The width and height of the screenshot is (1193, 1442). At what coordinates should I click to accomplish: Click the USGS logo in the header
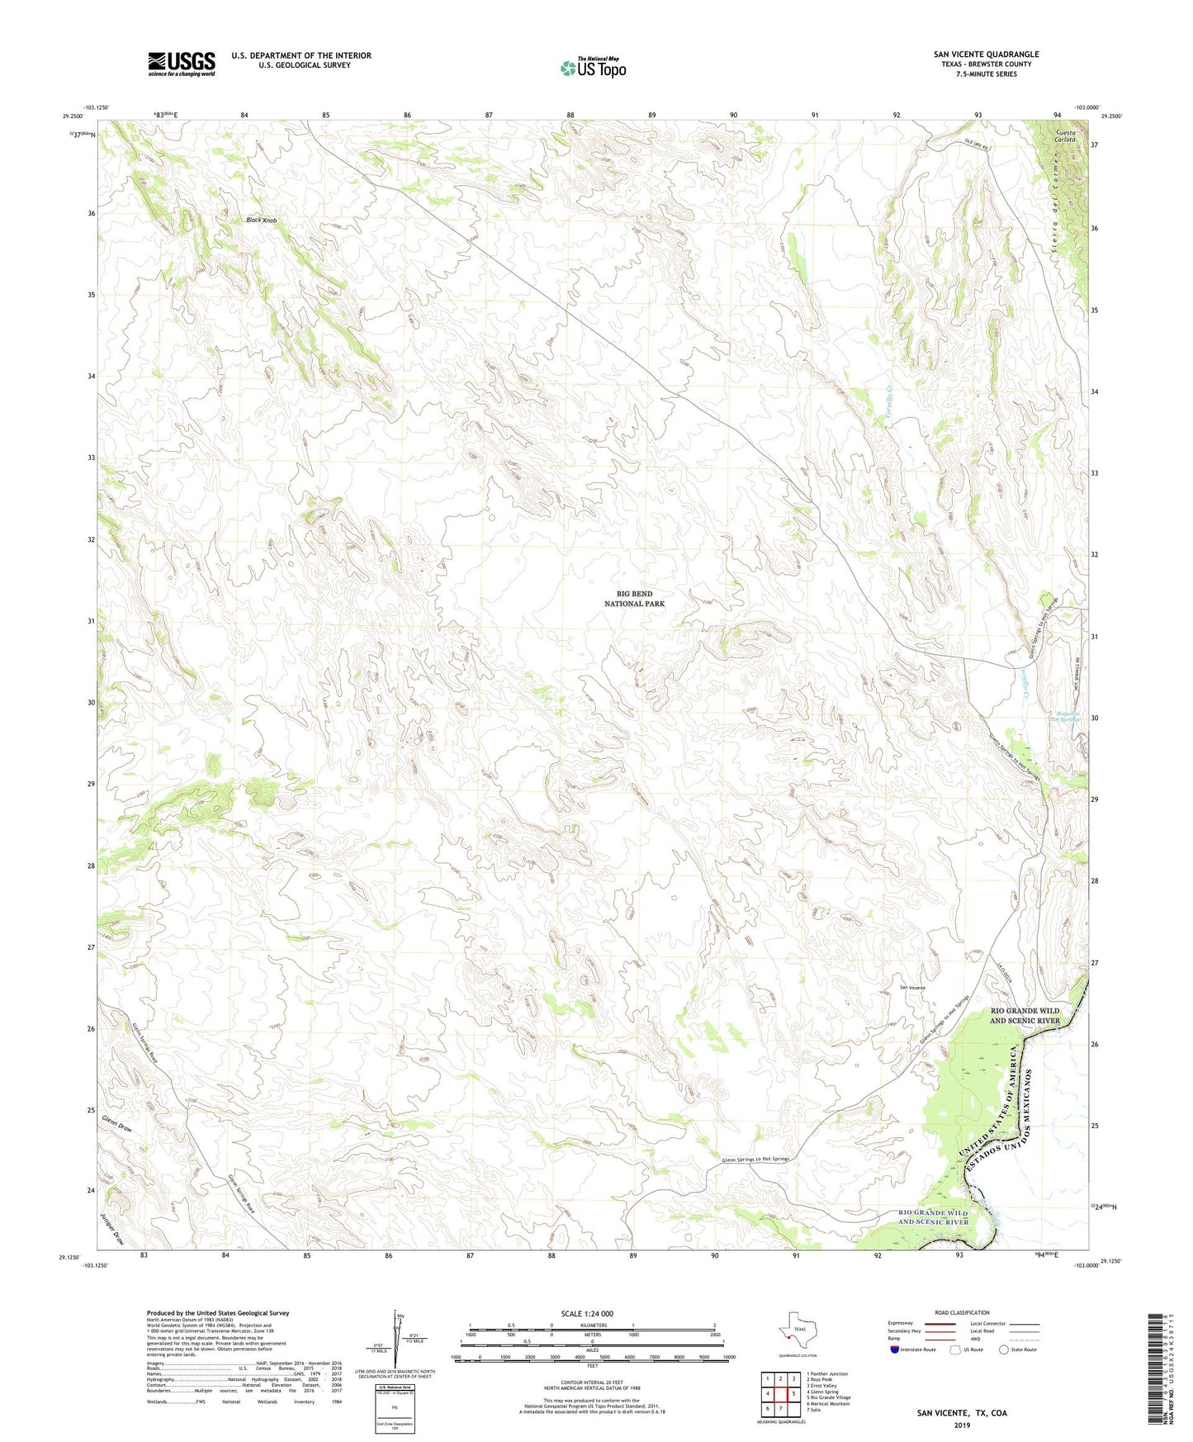coord(181,64)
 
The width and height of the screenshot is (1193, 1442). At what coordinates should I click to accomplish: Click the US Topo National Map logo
coord(593,68)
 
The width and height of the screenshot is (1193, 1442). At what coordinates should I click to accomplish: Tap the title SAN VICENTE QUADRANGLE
coord(986,55)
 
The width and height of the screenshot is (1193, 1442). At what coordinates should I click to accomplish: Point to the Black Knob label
coord(262,221)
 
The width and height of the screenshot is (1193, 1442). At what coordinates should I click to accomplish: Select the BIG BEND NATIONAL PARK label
coord(634,599)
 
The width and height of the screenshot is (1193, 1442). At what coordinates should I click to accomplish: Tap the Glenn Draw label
coord(117,1127)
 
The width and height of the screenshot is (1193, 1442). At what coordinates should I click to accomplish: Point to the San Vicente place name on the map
coord(911,988)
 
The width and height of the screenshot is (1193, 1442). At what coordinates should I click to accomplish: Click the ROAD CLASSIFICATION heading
coord(962,1312)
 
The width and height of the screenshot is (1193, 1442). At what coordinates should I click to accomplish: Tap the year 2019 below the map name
coord(961,1425)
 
